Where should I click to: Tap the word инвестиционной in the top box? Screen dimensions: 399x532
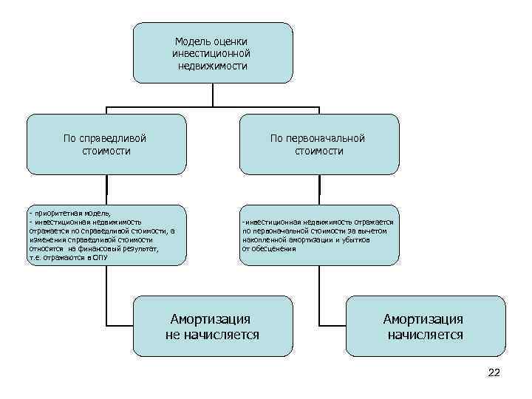click(213, 54)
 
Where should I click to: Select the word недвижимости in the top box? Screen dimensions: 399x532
click(213, 66)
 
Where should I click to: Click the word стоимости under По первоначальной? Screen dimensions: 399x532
click(318, 151)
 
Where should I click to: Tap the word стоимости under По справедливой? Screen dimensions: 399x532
click(106, 151)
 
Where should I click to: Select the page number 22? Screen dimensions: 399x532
click(494, 372)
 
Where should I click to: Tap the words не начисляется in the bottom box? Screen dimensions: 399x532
click(212, 335)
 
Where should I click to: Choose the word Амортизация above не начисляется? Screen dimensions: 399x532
click(211, 319)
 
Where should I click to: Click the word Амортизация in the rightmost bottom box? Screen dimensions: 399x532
click(423, 319)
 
